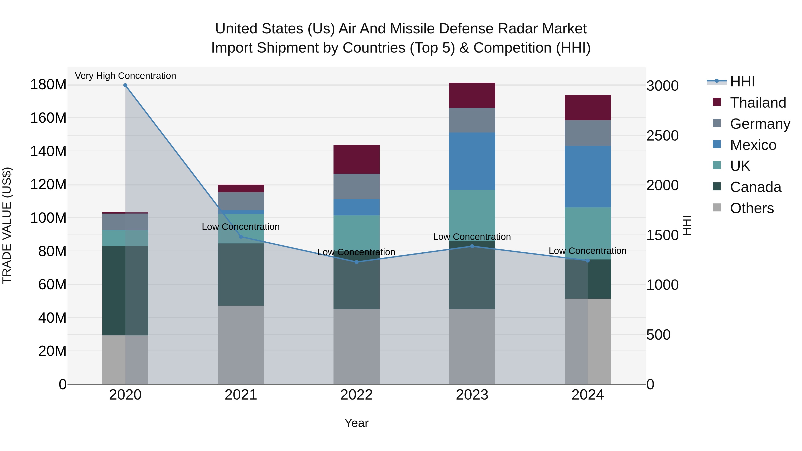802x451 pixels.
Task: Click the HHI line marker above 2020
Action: tap(125, 85)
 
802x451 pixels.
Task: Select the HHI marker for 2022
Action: tap(356, 262)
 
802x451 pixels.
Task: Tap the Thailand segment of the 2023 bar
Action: tap(472, 95)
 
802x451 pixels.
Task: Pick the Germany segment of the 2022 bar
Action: tap(356, 186)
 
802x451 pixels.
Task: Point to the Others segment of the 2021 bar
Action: tap(241, 345)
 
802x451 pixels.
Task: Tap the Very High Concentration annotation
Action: tap(125, 76)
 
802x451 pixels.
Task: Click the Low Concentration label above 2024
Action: tap(587, 251)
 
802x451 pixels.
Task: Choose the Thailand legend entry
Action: tap(758, 103)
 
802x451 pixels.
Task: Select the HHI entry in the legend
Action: tap(742, 82)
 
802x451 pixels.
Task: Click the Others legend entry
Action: tap(752, 208)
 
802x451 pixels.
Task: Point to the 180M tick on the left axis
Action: tap(48, 85)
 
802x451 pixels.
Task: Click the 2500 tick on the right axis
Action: tap(663, 136)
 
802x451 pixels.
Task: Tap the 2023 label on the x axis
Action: tap(472, 395)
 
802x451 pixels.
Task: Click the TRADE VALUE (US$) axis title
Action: tap(7, 225)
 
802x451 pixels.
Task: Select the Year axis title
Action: tap(356, 423)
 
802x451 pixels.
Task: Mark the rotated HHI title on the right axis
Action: tap(687, 225)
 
